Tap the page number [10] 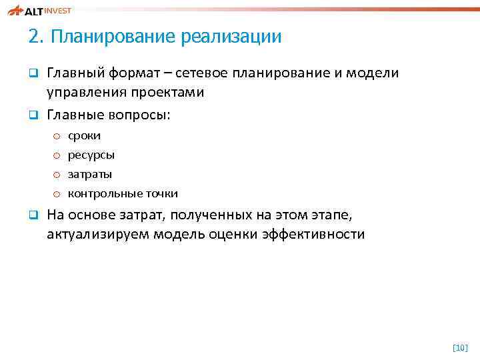coord(460,348)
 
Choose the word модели coord(374,73)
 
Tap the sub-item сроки coord(84,136)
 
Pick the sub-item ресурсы coord(91,155)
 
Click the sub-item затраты coord(90,175)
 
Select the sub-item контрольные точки coord(123,194)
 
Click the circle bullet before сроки coord(57,137)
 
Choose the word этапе coord(339,215)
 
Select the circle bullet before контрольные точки coord(57,195)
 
